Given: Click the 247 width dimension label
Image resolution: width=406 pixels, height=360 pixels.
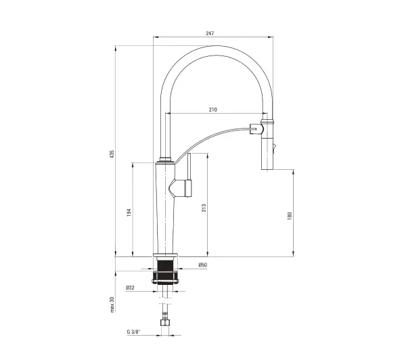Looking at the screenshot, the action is (210, 33).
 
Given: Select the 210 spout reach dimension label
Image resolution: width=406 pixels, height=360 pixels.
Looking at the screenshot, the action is (213, 110).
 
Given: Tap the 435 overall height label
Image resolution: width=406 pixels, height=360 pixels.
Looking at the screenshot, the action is (112, 154).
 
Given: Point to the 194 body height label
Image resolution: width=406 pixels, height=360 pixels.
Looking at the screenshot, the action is (129, 212).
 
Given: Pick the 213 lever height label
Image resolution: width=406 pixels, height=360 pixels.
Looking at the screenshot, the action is (204, 208).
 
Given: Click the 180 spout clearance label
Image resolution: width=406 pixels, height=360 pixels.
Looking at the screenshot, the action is (290, 216).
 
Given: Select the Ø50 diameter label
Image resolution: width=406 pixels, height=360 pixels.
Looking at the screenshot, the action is (203, 265).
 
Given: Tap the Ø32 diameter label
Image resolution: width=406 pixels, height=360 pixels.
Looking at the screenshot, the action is (130, 288).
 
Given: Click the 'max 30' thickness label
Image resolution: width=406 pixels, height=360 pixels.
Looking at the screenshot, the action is (112, 305).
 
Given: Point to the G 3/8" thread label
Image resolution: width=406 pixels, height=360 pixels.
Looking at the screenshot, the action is (133, 332).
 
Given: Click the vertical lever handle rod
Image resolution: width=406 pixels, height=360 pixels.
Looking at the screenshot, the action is (189, 166).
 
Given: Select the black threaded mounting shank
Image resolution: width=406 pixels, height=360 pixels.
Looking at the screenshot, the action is (165, 265).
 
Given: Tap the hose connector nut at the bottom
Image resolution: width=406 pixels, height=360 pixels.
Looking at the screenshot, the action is (165, 323).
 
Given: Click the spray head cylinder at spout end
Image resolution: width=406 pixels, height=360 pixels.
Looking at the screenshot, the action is (267, 145).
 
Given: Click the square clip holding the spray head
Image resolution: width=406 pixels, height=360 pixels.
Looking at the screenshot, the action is (256, 129).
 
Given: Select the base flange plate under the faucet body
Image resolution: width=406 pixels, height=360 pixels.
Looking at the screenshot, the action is (166, 255).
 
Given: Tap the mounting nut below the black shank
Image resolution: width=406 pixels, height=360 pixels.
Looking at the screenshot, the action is (166, 277).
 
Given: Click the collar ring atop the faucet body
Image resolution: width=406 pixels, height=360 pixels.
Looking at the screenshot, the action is (166, 159).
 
